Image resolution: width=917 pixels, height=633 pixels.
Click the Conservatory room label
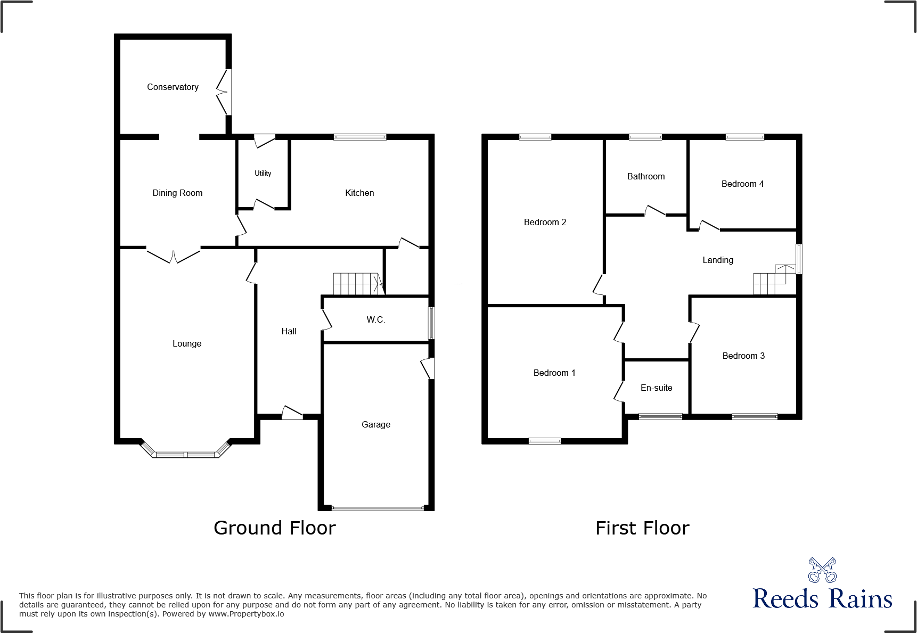coord(173,87)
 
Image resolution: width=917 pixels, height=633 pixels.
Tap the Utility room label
coord(263,173)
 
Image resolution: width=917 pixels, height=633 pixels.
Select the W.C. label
coord(375,319)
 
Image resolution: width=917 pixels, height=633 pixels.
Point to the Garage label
coord(376,424)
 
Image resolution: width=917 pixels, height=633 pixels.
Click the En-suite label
coord(656,388)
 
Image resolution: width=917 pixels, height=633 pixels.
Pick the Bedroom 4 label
coord(742,184)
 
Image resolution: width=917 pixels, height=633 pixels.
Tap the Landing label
coord(718,260)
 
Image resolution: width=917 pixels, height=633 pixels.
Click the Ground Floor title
coord(274,528)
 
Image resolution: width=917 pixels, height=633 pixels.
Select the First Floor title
coord(642,528)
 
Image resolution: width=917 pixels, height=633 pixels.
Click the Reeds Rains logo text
coord(822,598)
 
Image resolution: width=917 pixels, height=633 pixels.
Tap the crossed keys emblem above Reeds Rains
coord(822,570)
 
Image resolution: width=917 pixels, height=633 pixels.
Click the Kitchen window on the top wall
coord(360,137)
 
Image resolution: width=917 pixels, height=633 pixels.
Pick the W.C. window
coord(432,323)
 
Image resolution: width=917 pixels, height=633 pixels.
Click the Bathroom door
coord(655,211)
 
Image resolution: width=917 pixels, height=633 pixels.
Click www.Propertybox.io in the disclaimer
coord(246,614)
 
